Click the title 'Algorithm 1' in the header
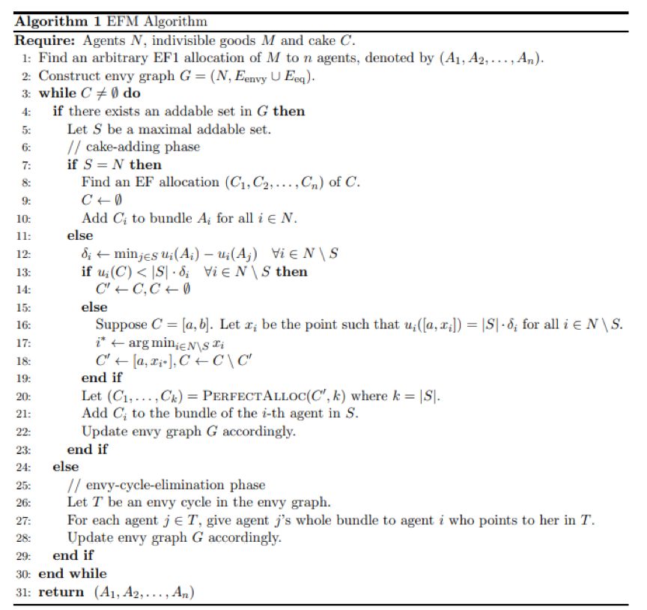click(x=52, y=21)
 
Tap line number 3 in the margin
click(x=25, y=94)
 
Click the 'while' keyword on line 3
click(x=55, y=94)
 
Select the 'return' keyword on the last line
click(x=61, y=593)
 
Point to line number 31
click(x=23, y=593)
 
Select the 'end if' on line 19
click(x=99, y=378)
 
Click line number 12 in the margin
click(x=23, y=254)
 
